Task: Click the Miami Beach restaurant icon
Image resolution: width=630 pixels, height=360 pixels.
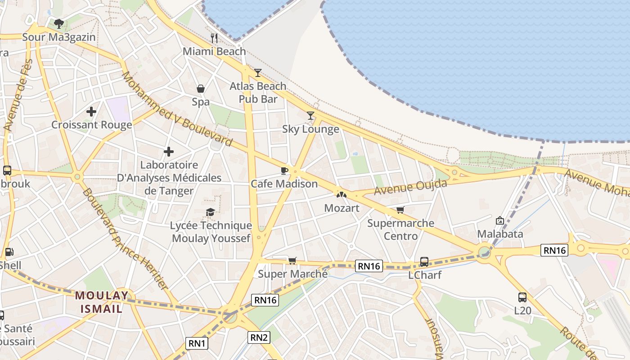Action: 214,38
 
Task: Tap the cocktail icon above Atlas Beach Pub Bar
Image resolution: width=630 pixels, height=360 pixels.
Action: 257,72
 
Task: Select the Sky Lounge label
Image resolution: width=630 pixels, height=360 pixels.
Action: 310,129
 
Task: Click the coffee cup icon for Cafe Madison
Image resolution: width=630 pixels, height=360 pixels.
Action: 284,171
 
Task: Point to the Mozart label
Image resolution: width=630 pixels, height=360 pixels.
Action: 342,208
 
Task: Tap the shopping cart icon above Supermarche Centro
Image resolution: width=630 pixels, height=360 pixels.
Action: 400,210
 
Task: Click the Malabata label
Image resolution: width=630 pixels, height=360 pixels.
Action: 500,234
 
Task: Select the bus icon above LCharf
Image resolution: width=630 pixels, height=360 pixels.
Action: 424,261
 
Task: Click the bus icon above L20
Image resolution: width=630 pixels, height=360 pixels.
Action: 522,297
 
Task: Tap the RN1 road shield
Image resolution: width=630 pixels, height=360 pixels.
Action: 197,343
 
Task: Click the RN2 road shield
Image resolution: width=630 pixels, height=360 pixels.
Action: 259,337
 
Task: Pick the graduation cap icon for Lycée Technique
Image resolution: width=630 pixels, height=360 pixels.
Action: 210,212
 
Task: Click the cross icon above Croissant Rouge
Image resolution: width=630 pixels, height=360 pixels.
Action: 91,111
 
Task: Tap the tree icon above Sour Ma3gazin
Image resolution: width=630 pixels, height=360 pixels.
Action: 58,23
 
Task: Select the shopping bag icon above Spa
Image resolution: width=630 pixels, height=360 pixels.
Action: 201,89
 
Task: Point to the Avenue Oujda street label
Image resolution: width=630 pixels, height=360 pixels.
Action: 410,187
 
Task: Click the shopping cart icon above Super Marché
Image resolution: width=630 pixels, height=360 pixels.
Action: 292,261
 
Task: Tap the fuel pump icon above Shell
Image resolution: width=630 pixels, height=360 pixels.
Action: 9,252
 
